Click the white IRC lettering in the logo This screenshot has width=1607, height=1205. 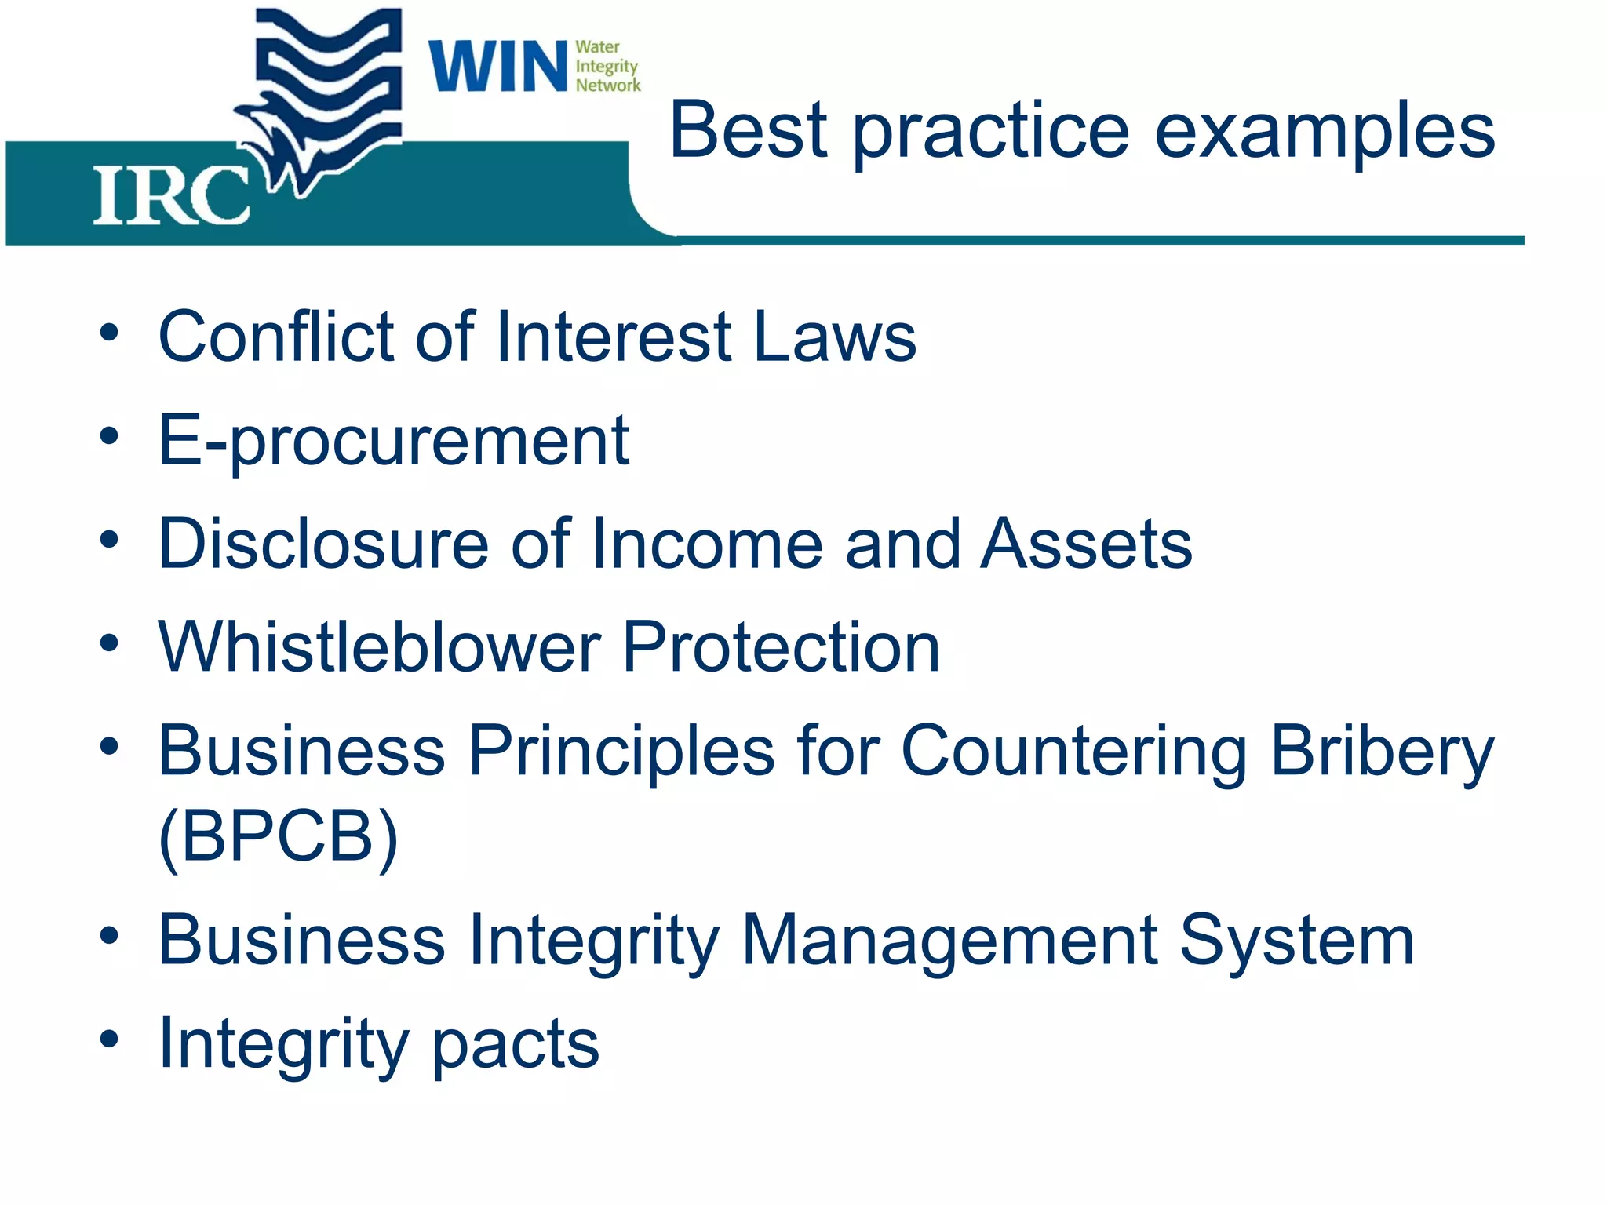[x=171, y=196]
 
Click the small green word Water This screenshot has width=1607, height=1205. [x=597, y=47]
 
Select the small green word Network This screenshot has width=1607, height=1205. [x=608, y=85]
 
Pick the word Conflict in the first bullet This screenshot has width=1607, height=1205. [x=277, y=337]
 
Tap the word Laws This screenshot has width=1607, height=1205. [x=835, y=337]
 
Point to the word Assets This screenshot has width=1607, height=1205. [x=1087, y=544]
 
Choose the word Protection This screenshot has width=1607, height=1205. [x=781, y=647]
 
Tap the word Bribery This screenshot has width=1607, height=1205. [x=1382, y=752]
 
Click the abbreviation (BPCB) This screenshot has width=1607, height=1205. [x=279, y=837]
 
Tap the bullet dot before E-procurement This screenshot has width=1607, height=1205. [x=109, y=436]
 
